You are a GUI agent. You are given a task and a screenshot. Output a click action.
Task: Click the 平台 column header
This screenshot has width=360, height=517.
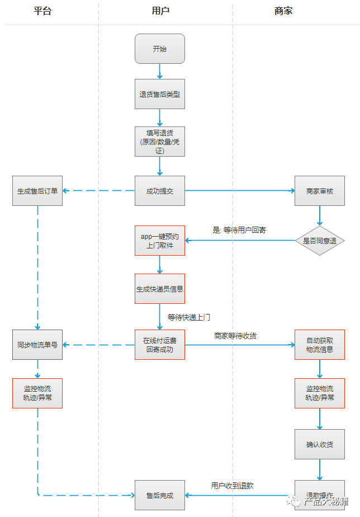pos(42,11)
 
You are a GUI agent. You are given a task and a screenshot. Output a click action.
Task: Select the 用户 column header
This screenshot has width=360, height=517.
pos(160,11)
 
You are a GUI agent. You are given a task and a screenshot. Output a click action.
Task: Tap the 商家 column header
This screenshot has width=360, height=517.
pos(283,11)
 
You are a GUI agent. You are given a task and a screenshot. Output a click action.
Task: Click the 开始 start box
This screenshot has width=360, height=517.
pos(160,49)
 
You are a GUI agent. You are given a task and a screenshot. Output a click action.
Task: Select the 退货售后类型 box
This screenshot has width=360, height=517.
pos(160,95)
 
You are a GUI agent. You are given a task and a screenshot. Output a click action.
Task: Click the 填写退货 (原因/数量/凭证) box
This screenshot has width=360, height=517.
pos(160,141)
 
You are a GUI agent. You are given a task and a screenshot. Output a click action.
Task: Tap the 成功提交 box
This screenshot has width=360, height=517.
pos(160,191)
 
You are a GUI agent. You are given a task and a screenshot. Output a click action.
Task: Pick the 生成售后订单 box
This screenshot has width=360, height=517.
pos(37,191)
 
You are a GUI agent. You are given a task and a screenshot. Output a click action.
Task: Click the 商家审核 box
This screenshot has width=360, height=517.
pos(320,191)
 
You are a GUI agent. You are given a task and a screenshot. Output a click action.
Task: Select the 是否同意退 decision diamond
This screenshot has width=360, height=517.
pos(320,241)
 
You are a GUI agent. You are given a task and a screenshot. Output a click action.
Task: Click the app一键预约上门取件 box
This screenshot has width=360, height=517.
pos(160,241)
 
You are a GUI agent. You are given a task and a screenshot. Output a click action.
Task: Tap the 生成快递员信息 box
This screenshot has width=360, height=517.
pos(160,289)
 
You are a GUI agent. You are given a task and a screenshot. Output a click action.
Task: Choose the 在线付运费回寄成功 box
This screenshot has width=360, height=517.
pos(160,344)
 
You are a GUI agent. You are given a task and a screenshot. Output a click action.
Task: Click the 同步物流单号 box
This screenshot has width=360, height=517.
pos(37,344)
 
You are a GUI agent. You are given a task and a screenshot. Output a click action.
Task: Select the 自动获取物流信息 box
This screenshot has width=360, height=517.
pos(320,344)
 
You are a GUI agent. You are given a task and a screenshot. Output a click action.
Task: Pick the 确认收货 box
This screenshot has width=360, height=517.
pos(320,444)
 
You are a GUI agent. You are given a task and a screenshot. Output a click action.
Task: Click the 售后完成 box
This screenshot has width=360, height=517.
pos(160,495)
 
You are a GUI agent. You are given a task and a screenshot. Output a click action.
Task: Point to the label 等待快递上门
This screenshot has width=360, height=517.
pos(189,317)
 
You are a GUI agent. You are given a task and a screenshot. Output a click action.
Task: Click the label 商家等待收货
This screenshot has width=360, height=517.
pos(235,336)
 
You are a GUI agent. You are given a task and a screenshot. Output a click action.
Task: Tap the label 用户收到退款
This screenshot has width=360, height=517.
pos(232,486)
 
